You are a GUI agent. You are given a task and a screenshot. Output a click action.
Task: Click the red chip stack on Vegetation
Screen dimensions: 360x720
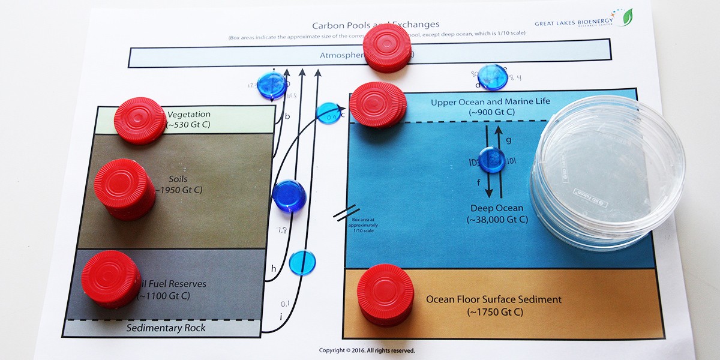pyautogui.click(x=139, y=120)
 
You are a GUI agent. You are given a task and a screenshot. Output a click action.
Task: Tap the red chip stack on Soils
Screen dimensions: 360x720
pyautogui.click(x=124, y=188)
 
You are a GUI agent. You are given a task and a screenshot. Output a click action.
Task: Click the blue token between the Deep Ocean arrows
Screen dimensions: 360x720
pyautogui.click(x=493, y=160)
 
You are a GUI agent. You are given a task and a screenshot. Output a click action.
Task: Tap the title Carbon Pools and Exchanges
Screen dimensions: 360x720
pyautogui.click(x=376, y=25)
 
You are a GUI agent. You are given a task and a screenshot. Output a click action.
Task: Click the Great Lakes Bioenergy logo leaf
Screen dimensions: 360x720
pyautogui.click(x=628, y=16)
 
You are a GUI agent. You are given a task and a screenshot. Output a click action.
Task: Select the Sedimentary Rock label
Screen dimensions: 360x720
pyautogui.click(x=166, y=328)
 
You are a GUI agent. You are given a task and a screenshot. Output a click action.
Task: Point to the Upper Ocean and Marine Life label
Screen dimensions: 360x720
pyautogui.click(x=490, y=102)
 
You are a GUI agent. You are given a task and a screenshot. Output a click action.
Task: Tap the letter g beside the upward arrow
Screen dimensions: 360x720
pyautogui.click(x=508, y=140)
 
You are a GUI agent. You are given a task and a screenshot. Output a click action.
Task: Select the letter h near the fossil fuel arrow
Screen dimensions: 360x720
pyautogui.click(x=274, y=268)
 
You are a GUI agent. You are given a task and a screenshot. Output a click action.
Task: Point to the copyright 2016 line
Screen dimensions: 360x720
pyautogui.click(x=367, y=350)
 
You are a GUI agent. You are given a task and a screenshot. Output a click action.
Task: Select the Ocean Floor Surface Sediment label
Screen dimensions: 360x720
pyautogui.click(x=494, y=299)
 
